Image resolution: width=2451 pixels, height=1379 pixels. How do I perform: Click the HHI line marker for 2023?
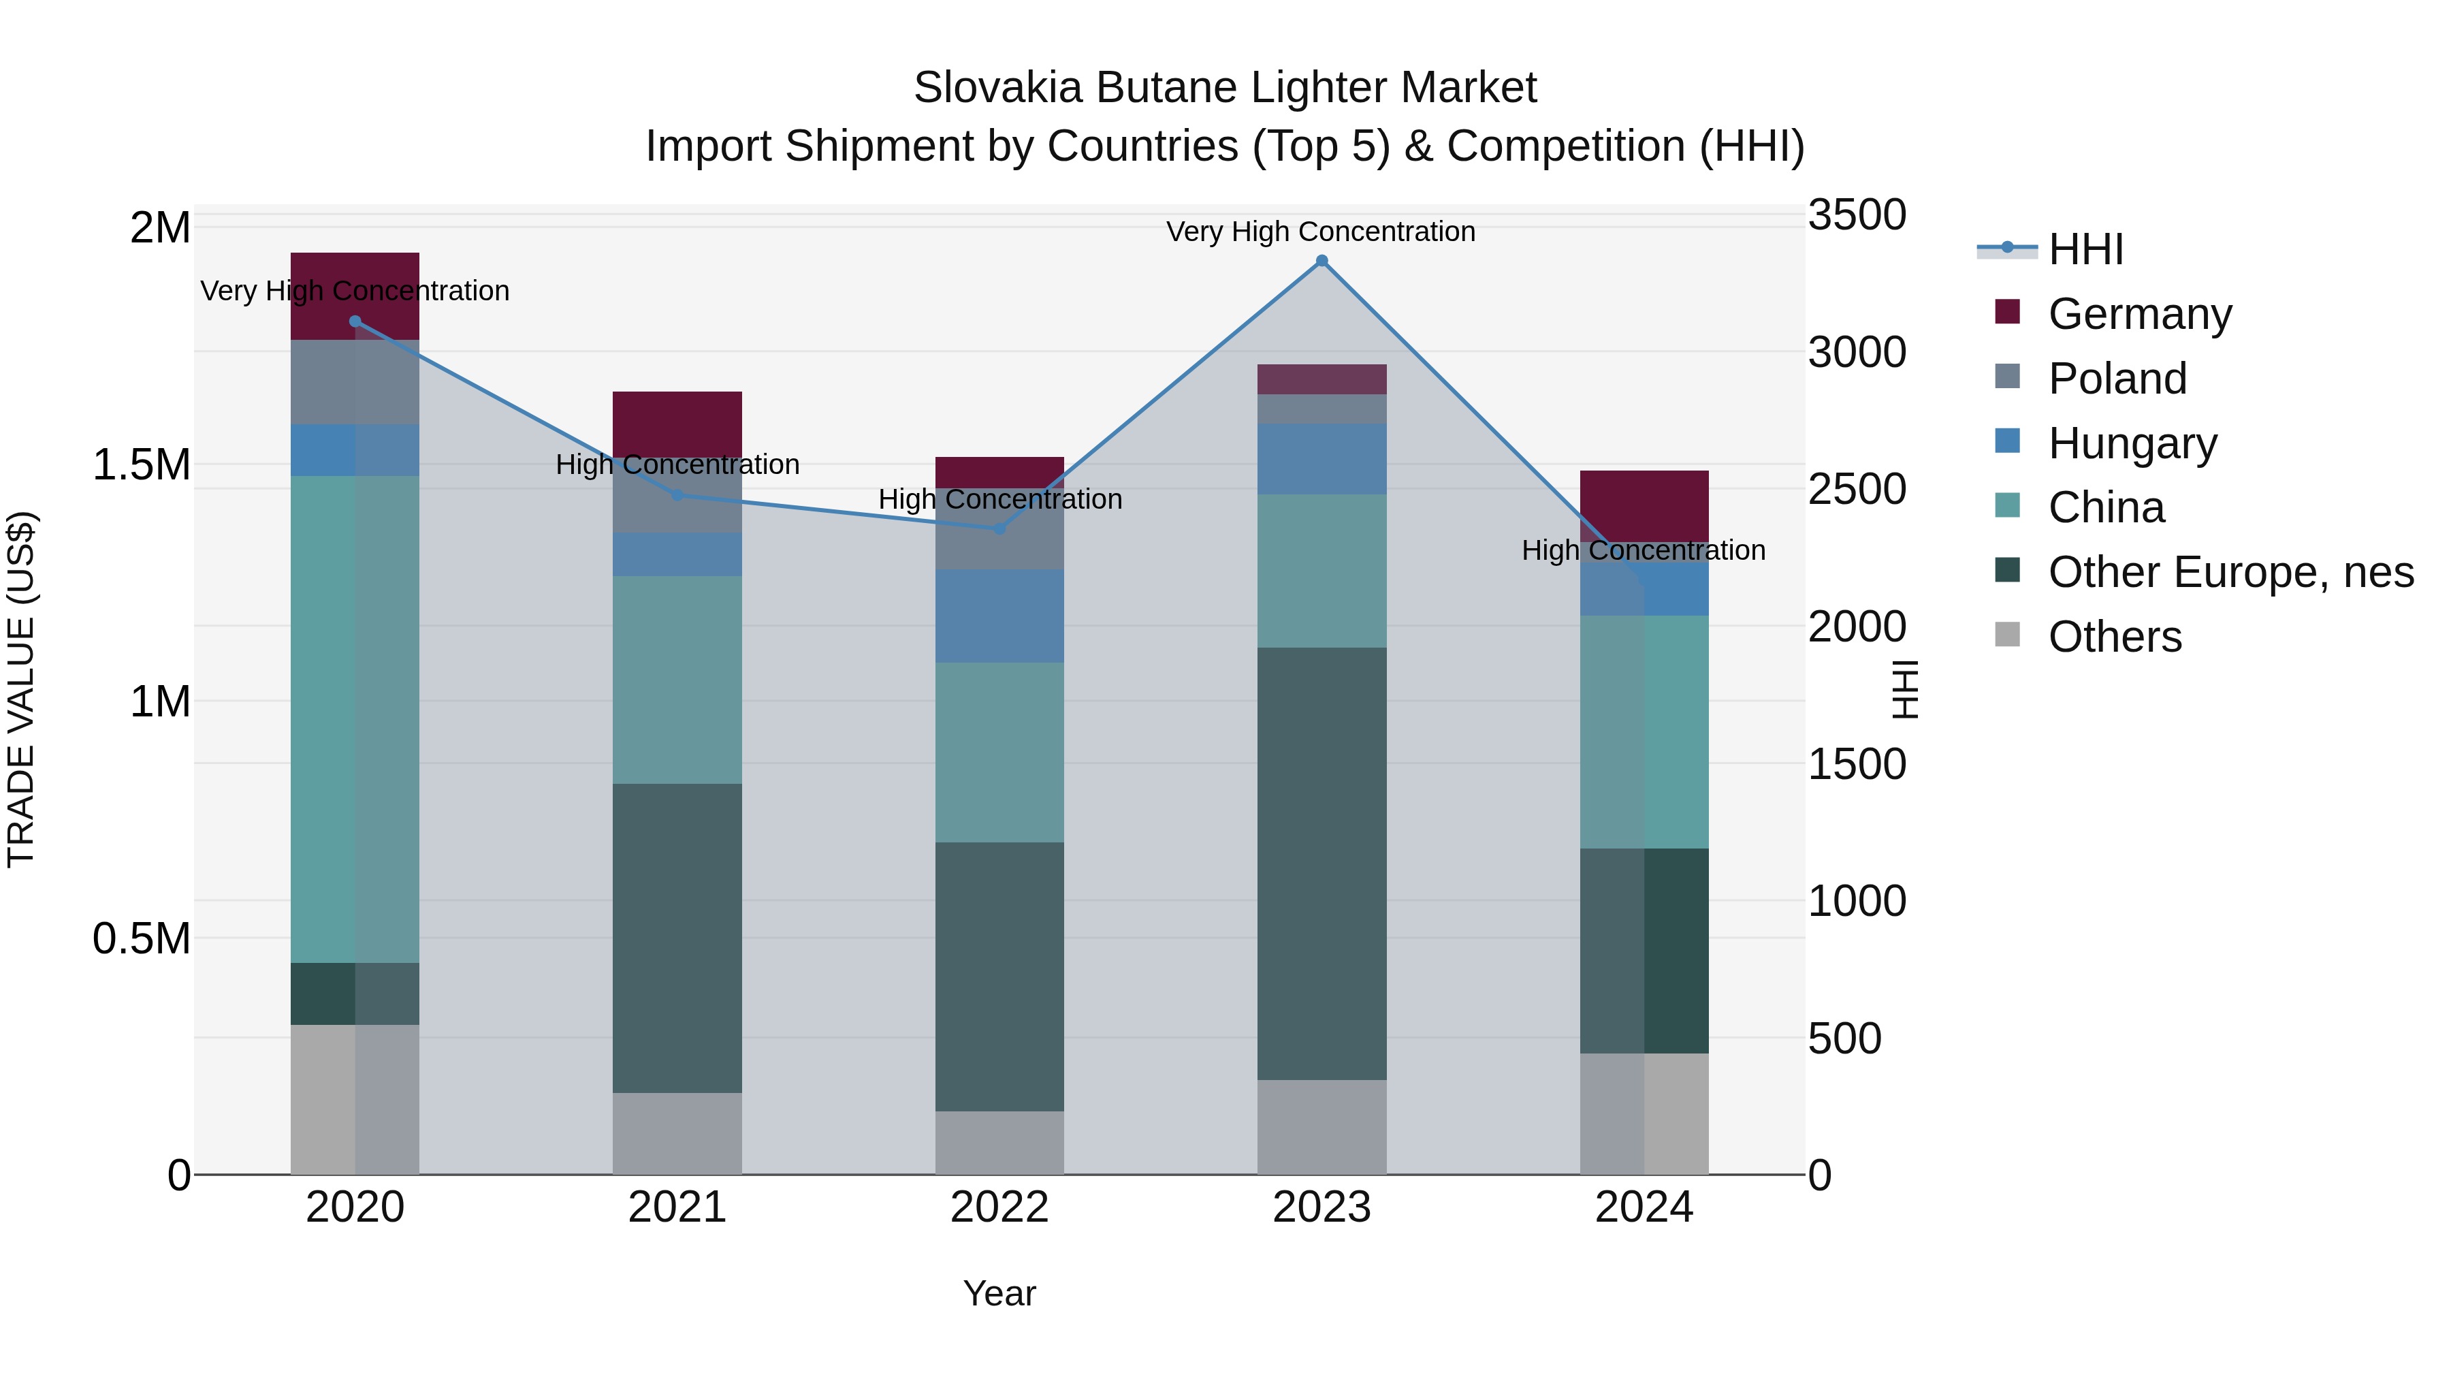coord(1321,261)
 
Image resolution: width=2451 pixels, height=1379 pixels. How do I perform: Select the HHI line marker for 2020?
coord(355,321)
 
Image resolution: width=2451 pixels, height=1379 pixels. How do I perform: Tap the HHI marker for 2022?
coord(999,528)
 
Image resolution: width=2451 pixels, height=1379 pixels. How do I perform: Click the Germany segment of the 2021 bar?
coord(677,424)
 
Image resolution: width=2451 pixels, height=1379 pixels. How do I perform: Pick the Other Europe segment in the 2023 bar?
coord(1321,863)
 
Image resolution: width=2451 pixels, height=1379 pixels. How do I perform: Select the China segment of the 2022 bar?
coord(999,752)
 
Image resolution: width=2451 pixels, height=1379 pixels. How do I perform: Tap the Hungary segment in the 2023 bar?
coord(1321,459)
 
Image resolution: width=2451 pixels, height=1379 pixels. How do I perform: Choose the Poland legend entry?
coord(2117,379)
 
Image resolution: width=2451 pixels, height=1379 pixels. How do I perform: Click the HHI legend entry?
coord(2085,249)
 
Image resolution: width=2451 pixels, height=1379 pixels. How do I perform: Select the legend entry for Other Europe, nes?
coord(2230,572)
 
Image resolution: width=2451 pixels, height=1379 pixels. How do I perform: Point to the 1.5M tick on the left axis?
coord(141,465)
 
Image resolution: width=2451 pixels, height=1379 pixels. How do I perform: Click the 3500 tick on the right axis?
coord(1857,215)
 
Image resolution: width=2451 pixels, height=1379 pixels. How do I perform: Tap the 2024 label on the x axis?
coord(1644,1207)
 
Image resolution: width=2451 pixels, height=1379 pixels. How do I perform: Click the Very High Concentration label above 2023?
coord(1321,232)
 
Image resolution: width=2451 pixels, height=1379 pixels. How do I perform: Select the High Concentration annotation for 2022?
coord(999,498)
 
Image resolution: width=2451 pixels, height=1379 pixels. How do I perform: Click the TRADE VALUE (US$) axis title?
coord(21,689)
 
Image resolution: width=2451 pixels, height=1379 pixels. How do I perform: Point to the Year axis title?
coord(999,1293)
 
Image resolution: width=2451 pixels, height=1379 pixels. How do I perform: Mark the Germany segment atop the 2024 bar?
coord(1644,505)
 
